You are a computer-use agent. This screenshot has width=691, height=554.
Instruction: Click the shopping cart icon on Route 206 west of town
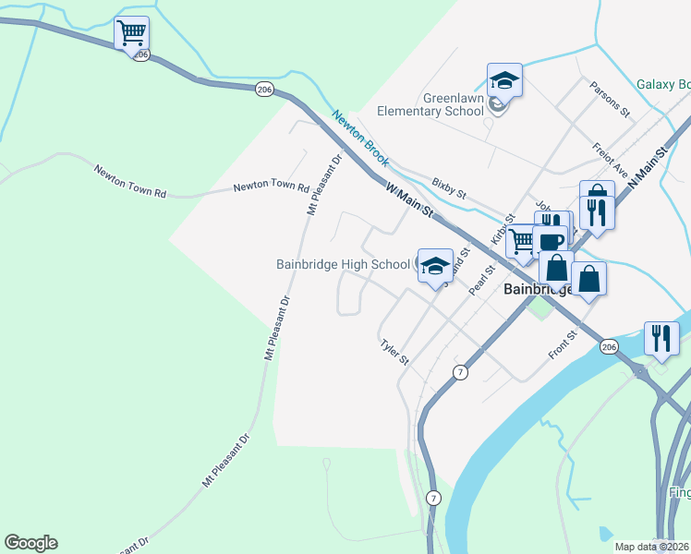tap(131, 34)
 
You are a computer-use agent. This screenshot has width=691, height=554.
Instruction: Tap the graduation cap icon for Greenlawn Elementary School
tap(504, 80)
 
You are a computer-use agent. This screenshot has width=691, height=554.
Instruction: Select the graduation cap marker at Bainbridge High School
tap(434, 267)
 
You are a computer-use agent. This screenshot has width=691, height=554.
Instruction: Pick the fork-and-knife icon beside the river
tap(661, 339)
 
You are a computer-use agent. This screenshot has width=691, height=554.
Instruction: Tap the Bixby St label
tap(449, 188)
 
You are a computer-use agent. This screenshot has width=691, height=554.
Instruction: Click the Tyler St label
tap(394, 351)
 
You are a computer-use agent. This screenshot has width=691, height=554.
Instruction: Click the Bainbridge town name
tap(539, 289)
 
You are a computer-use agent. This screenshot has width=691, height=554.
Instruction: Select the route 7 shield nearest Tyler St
tap(459, 371)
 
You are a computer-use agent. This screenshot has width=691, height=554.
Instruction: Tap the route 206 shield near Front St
tap(607, 346)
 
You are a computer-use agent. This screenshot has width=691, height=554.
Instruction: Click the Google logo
tap(30, 543)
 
